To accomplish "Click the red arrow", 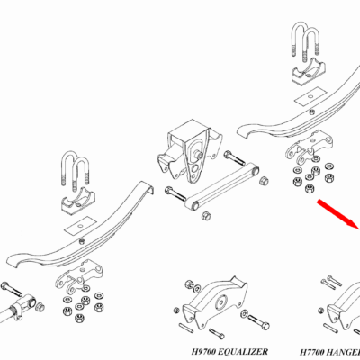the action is click(x=338, y=214).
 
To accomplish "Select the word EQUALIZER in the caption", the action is click(x=243, y=351).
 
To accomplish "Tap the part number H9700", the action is click(x=203, y=351).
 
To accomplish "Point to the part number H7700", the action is click(x=311, y=352).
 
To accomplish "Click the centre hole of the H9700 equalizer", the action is click(x=222, y=301).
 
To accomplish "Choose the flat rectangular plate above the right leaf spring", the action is click(x=310, y=96).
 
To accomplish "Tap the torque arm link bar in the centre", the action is click(x=222, y=186).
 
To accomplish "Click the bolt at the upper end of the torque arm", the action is click(x=235, y=157).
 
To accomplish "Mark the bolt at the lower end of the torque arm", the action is click(x=175, y=193).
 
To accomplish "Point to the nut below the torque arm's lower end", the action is click(x=206, y=216).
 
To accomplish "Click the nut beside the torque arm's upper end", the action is click(x=264, y=181).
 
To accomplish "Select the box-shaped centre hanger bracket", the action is click(x=190, y=150).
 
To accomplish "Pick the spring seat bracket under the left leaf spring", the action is click(x=78, y=275).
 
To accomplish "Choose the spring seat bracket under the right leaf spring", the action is click(x=309, y=146).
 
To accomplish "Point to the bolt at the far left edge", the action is click(x=12, y=289).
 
